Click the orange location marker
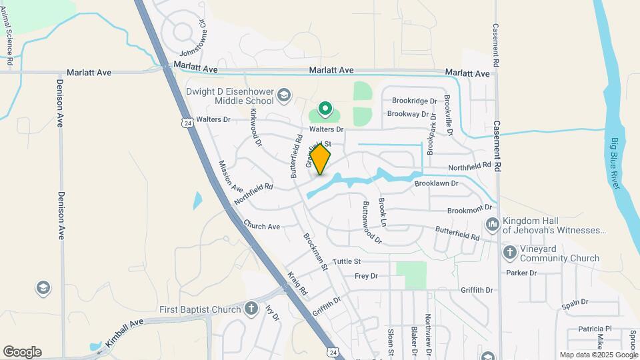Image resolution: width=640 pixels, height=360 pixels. pyautogui.click(x=320, y=159)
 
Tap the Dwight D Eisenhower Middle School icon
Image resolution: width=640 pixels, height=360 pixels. pyautogui.click(x=284, y=95)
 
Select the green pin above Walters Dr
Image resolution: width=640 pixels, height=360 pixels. pyautogui.click(x=325, y=107)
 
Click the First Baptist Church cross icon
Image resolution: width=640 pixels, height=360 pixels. pyautogui.click(x=251, y=309)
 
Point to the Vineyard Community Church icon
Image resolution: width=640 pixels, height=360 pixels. pyautogui.click(x=510, y=252)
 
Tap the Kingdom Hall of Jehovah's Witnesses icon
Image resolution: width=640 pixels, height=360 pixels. pyautogui.click(x=493, y=224)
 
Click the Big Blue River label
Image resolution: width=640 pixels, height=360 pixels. pyautogui.click(x=615, y=163)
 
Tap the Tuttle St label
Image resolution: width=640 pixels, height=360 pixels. pyautogui.click(x=347, y=261)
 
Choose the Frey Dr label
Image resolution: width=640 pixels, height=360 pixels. pyautogui.click(x=366, y=276)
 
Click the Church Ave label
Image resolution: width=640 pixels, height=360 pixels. pyautogui.click(x=261, y=227)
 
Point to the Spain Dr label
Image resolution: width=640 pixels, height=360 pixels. pyautogui.click(x=575, y=302)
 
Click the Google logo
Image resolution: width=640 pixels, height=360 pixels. pyautogui.click(x=22, y=352)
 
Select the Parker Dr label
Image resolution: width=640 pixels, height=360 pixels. pyautogui.click(x=521, y=273)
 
